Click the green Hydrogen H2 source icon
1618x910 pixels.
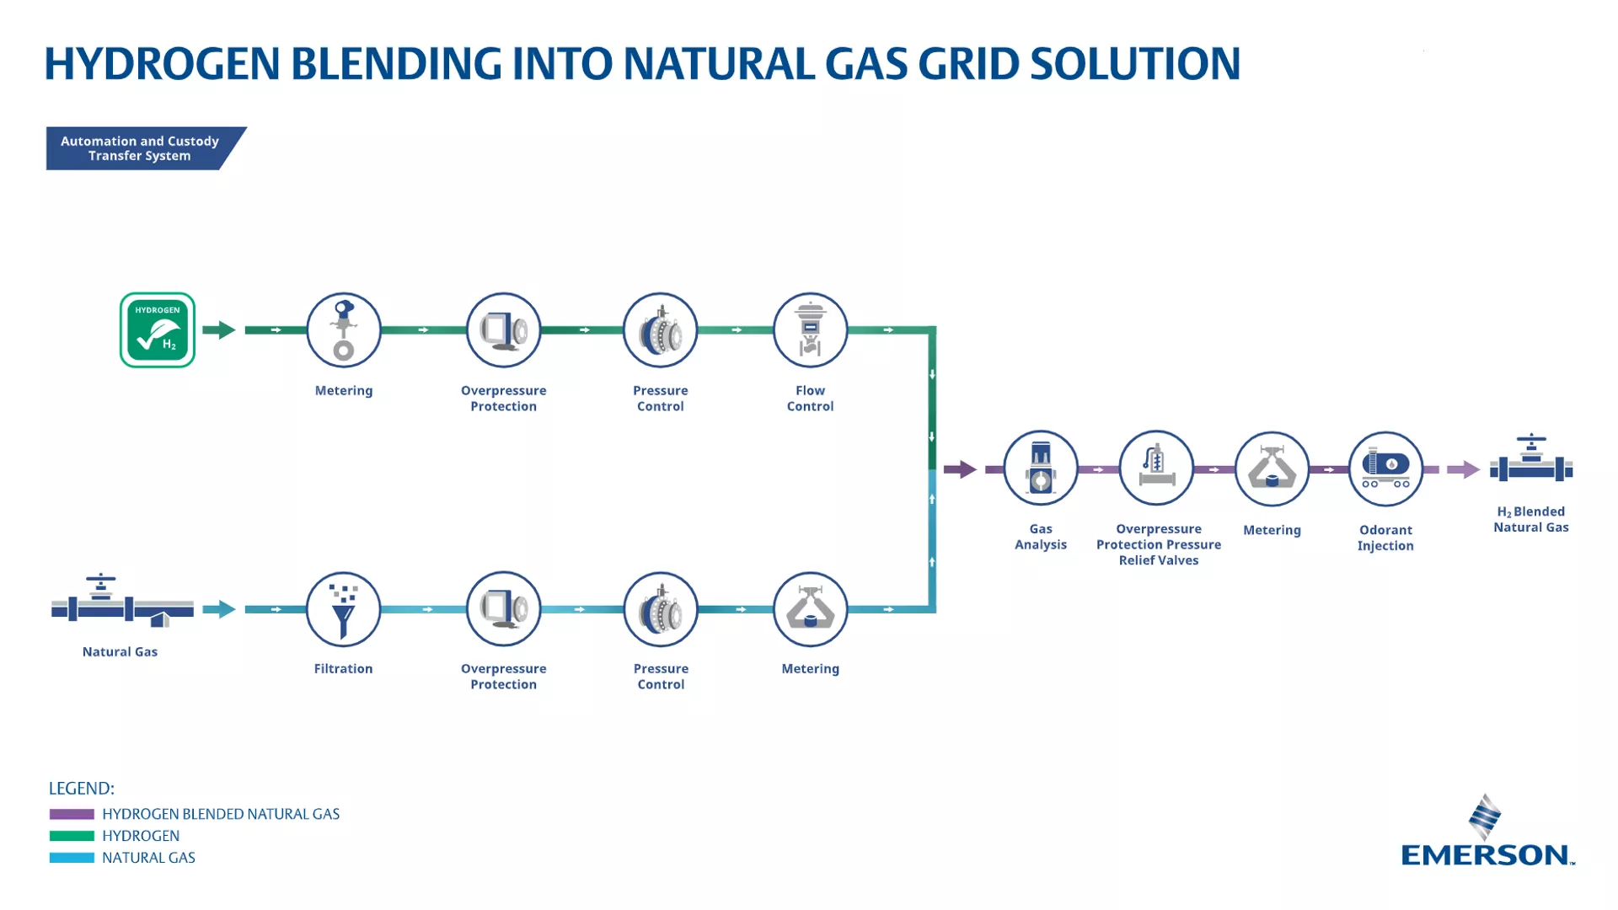coord(158,330)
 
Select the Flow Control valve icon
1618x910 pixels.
coord(810,330)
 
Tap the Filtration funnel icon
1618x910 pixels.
coord(343,609)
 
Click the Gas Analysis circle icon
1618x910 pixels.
coord(1041,468)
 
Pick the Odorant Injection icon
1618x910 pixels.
coord(1385,469)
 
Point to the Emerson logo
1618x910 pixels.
coord(1487,834)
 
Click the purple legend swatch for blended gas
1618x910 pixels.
coord(72,814)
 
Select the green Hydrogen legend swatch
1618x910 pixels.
coord(72,836)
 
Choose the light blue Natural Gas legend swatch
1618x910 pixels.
coord(72,858)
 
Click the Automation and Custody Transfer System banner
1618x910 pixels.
coord(140,148)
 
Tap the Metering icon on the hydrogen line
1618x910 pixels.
coord(343,330)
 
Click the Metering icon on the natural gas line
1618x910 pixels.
coord(810,609)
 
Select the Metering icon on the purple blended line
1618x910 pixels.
coord(1272,469)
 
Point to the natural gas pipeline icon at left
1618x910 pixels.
coord(121,602)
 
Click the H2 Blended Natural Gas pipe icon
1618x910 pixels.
coord(1531,462)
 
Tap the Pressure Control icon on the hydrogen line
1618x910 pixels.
coord(661,330)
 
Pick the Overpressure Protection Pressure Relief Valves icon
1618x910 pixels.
coord(1156,468)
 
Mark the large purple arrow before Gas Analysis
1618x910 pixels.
coord(960,469)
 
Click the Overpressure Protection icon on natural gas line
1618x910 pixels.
coord(503,609)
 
